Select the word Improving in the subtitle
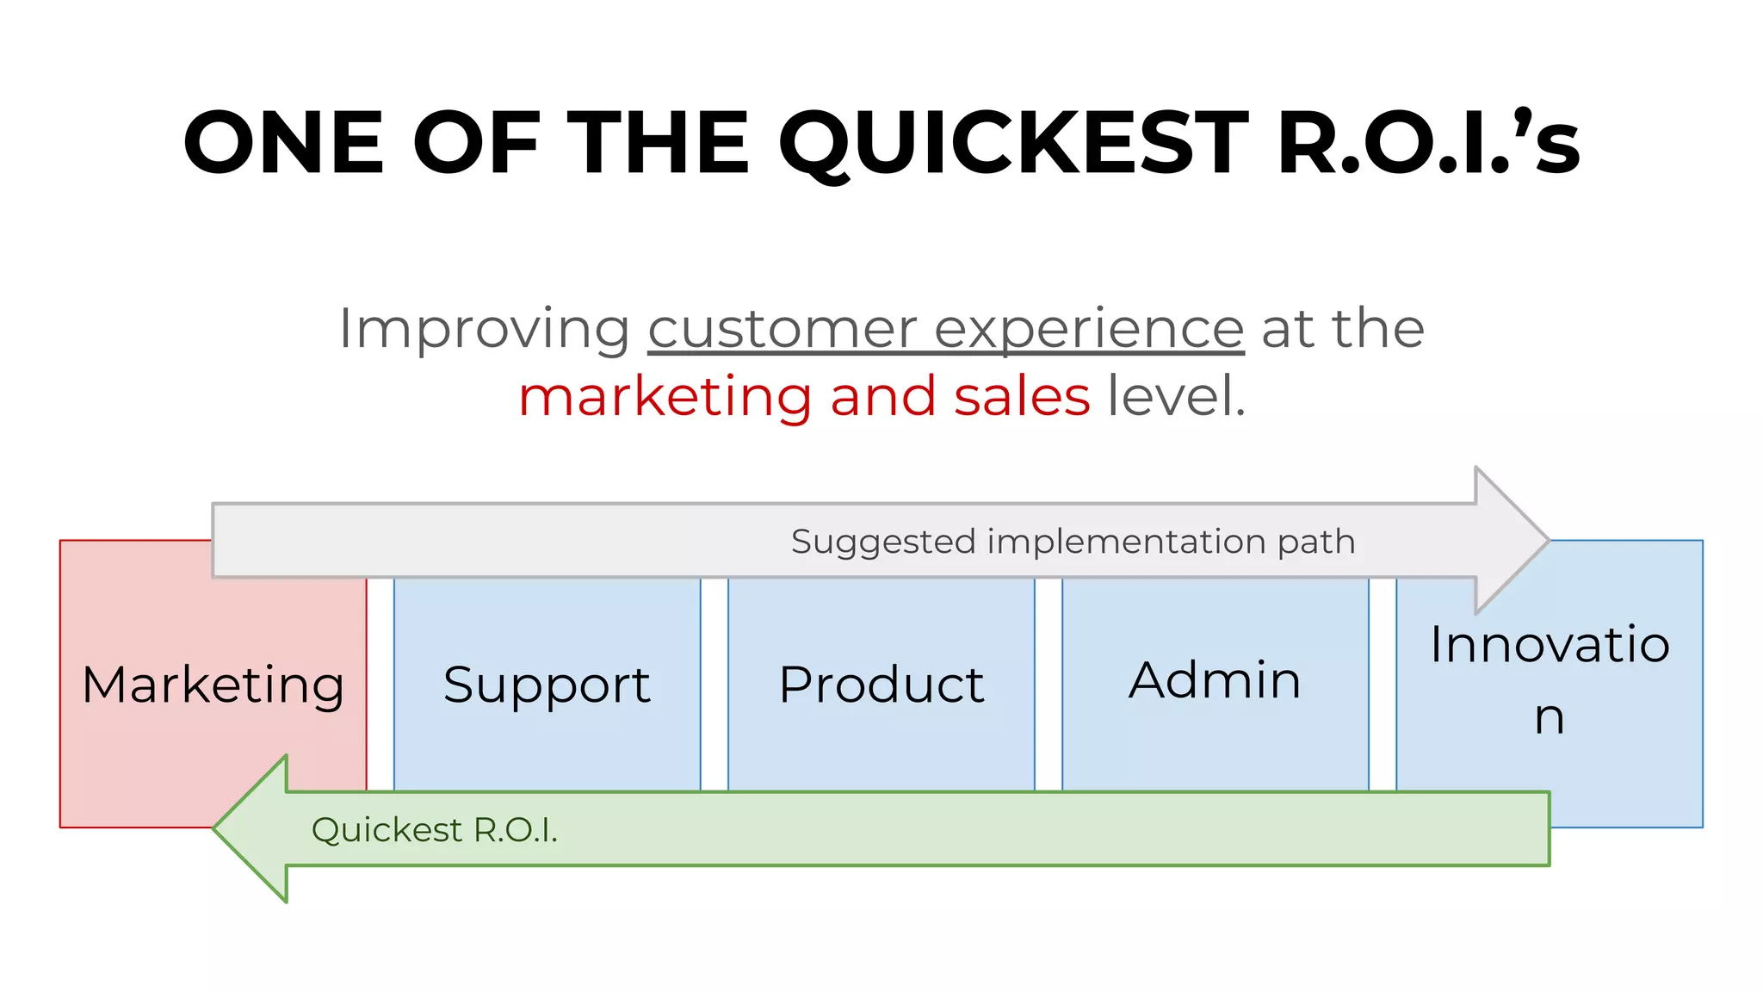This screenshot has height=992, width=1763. click(485, 330)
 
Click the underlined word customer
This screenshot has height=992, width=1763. click(782, 330)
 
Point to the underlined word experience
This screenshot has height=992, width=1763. click(1089, 330)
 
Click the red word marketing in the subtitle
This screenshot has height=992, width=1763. click(665, 397)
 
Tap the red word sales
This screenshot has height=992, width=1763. click(1022, 397)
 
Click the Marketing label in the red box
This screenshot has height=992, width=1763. click(213, 685)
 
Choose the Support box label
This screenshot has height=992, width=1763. click(547, 685)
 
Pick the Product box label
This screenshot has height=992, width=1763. click(881, 685)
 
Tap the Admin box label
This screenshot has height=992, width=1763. click(1215, 680)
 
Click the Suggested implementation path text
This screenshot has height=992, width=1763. click(1073, 542)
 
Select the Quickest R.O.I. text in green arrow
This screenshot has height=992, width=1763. click(435, 830)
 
